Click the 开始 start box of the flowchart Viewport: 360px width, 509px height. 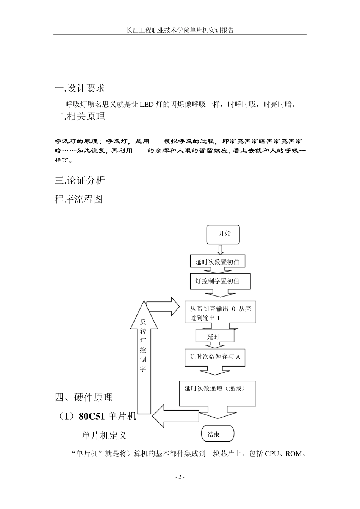pyautogui.click(x=224, y=234)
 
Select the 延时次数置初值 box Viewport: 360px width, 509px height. pyautogui.click(x=217, y=262)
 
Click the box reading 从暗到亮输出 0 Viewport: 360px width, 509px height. pyautogui.click(x=220, y=313)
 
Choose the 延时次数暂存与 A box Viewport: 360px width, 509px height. pyautogui.click(x=215, y=357)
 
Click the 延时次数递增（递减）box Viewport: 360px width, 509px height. pyautogui.click(x=218, y=393)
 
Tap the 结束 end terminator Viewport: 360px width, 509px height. pyautogui.click(x=218, y=434)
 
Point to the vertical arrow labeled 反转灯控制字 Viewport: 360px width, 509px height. pyautogui.click(x=142, y=352)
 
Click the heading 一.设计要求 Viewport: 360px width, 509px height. pyautogui.click(x=80, y=88)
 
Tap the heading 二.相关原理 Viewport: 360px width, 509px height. pyautogui.click(x=80, y=117)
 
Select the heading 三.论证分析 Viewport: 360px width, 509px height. pyautogui.click(x=80, y=180)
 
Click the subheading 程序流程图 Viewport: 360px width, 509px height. pyautogui.click(x=79, y=199)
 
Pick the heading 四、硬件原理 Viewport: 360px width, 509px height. pyautogui.click(x=84, y=397)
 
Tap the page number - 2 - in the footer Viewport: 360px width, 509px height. pyautogui.click(x=180, y=477)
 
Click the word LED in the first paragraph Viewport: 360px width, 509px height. pyautogui.click(x=147, y=105)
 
